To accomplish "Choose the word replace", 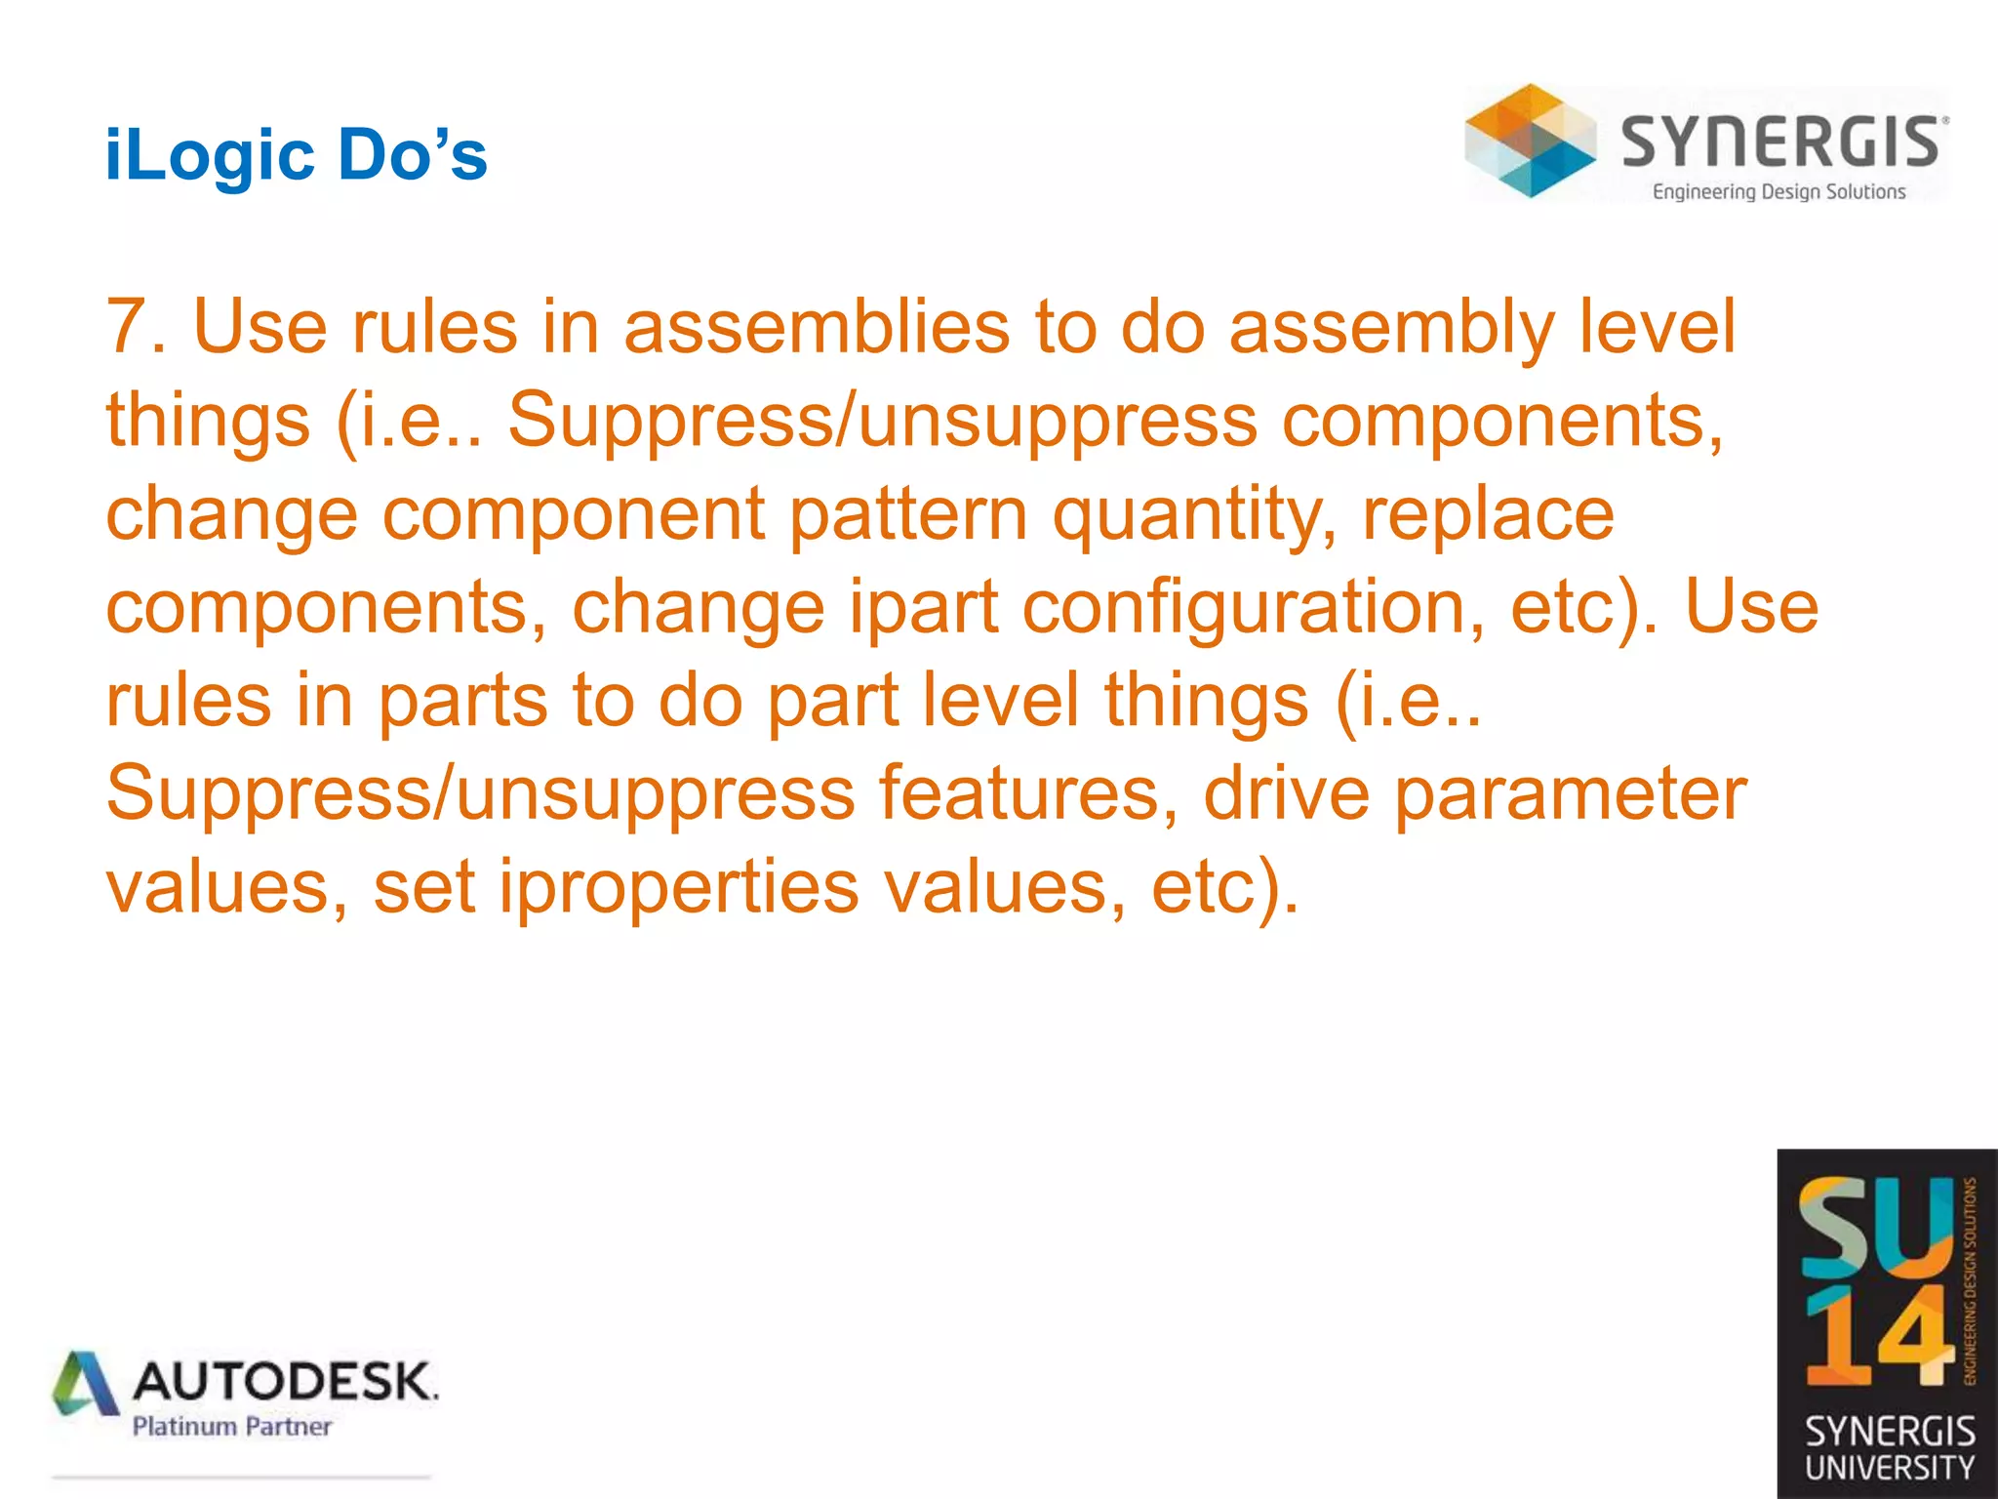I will [x=1488, y=517].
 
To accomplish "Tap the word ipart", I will [x=923, y=609].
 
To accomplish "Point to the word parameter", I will [x=1570, y=796].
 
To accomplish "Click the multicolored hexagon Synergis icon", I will [x=1530, y=141].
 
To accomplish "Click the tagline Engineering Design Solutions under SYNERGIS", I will [x=1778, y=191].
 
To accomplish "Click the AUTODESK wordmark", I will [x=285, y=1381].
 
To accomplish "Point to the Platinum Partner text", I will [x=231, y=1427].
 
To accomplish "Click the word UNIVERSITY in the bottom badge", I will [x=1889, y=1467].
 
